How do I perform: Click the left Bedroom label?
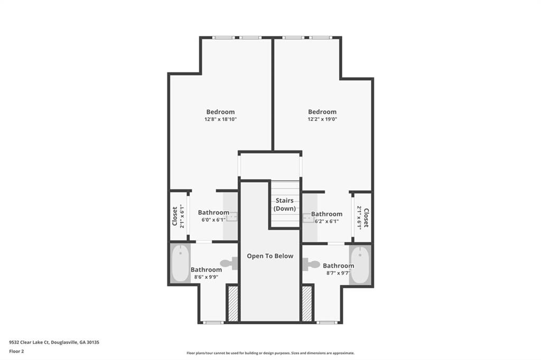220,112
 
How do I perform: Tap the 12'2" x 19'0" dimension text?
322,119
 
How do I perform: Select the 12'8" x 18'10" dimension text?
220,119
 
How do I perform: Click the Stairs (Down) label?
285,204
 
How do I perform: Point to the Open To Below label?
270,256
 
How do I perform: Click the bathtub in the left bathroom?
181,263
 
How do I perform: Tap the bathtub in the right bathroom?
360,264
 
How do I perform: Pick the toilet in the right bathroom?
311,264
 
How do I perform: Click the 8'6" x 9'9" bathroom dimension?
207,277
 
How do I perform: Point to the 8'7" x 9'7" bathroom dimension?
339,273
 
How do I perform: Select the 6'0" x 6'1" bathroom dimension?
213,220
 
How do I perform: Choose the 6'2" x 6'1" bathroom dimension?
327,221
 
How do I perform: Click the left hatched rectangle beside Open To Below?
233,304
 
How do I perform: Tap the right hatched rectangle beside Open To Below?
307,304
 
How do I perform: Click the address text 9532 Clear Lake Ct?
30,343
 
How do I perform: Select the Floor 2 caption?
16,352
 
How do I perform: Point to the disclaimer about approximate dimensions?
270,353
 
